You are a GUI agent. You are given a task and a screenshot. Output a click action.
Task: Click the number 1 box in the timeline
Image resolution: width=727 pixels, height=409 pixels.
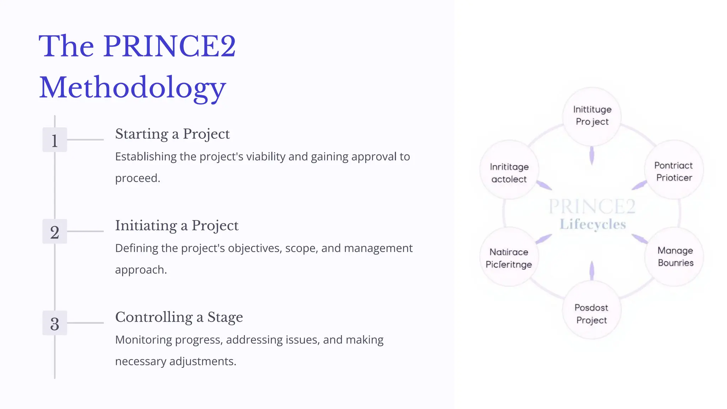click(55, 140)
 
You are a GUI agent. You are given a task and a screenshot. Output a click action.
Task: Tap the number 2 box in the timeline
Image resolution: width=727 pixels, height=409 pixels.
click(55, 231)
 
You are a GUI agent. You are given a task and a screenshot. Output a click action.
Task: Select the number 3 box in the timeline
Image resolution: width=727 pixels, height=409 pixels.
click(55, 323)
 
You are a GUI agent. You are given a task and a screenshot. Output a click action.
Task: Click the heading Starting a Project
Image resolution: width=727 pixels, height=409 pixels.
click(172, 134)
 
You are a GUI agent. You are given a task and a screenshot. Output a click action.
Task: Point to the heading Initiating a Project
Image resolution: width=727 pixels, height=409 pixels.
click(176, 226)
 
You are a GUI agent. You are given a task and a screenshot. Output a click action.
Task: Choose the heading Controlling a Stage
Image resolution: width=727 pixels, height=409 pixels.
click(179, 317)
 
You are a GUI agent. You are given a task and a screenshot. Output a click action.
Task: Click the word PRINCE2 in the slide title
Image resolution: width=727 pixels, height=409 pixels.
click(169, 46)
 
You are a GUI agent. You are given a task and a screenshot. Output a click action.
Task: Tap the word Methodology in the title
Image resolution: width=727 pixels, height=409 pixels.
click(132, 87)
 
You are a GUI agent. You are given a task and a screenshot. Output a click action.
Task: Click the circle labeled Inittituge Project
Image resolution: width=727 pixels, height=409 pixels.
click(592, 116)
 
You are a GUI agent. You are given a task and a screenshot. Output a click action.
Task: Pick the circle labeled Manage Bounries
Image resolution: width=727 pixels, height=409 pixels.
click(675, 257)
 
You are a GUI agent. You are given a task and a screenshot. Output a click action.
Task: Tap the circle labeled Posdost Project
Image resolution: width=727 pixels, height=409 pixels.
click(591, 313)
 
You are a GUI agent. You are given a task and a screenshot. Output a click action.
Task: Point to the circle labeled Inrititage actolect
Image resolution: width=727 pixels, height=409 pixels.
click(509, 173)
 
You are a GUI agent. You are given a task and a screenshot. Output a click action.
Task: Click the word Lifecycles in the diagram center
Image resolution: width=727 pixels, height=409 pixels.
click(593, 224)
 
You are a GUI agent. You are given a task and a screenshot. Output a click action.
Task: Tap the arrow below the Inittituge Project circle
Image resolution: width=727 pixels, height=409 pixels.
click(592, 156)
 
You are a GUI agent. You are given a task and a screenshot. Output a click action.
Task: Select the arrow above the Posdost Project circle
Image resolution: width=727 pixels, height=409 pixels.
click(592, 271)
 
